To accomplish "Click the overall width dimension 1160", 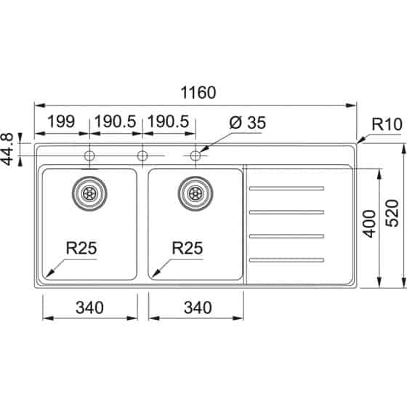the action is click(198, 92).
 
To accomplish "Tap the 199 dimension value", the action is click(61, 121).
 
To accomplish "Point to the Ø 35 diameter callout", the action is click(248, 122).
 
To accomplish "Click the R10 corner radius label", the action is click(387, 124).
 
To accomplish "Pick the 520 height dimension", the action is click(392, 214).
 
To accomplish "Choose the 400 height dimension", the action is click(369, 224).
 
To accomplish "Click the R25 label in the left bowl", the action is click(81, 248).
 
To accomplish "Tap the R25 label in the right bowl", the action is click(188, 248).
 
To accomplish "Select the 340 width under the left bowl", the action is click(89, 307).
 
